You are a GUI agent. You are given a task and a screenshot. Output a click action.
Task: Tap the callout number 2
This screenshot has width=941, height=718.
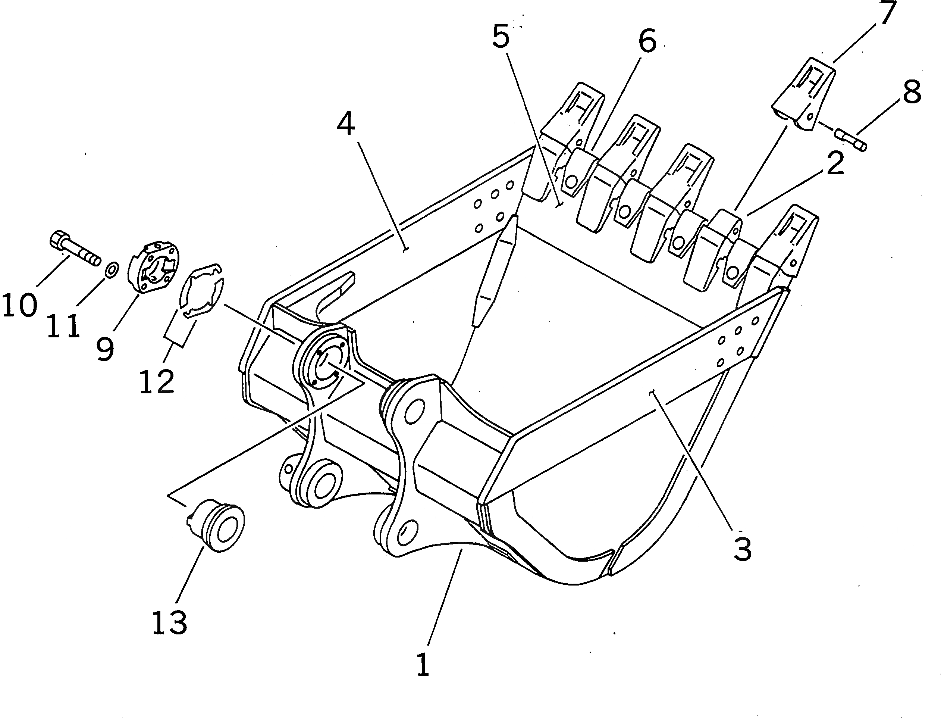point(835,163)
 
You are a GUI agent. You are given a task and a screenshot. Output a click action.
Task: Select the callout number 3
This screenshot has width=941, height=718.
point(742,550)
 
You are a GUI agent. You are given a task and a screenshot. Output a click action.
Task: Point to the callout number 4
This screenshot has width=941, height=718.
point(346,124)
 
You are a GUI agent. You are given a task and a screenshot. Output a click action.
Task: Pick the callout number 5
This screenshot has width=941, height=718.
point(501,36)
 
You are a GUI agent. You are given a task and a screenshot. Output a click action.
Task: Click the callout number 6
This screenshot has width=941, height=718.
point(647,41)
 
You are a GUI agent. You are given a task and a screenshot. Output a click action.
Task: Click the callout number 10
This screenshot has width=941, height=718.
point(20,305)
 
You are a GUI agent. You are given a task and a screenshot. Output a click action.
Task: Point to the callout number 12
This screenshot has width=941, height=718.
point(157,381)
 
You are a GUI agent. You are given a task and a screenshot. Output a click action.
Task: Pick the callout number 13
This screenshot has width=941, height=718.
point(169,623)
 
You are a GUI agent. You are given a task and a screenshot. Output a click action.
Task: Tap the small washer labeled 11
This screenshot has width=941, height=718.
point(112,270)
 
